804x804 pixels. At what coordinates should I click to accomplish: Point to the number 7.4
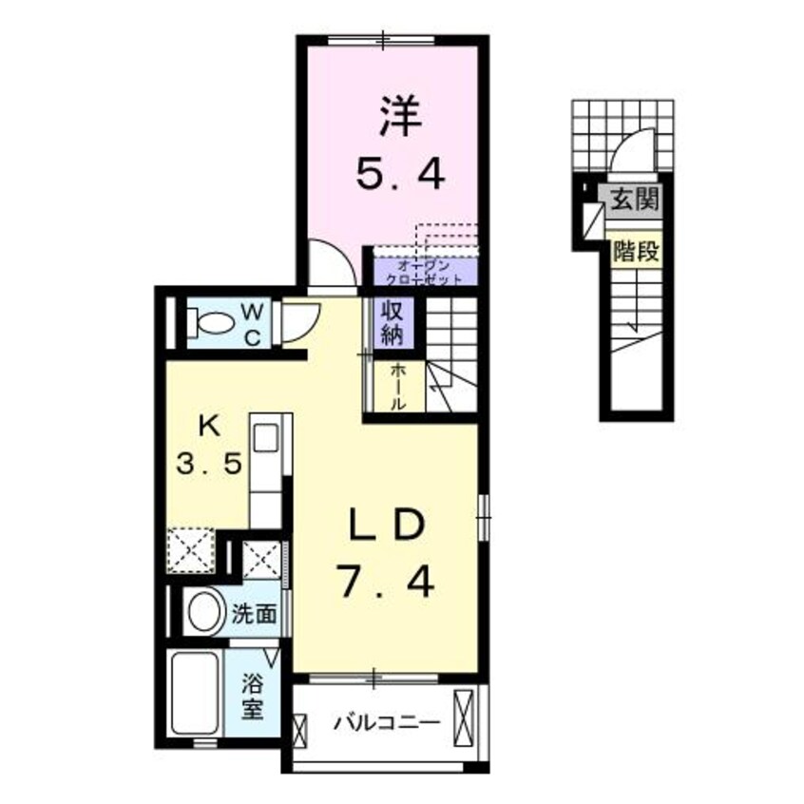[x=385, y=578]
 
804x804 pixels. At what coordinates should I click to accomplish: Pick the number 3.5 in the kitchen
[x=212, y=467]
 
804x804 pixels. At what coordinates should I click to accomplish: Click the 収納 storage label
[x=392, y=323]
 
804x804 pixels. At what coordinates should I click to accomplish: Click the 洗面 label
[x=255, y=614]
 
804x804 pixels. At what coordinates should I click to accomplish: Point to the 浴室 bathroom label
[x=252, y=696]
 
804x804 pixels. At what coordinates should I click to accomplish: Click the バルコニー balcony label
[x=387, y=724]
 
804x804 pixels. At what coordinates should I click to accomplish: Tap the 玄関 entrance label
[x=635, y=200]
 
